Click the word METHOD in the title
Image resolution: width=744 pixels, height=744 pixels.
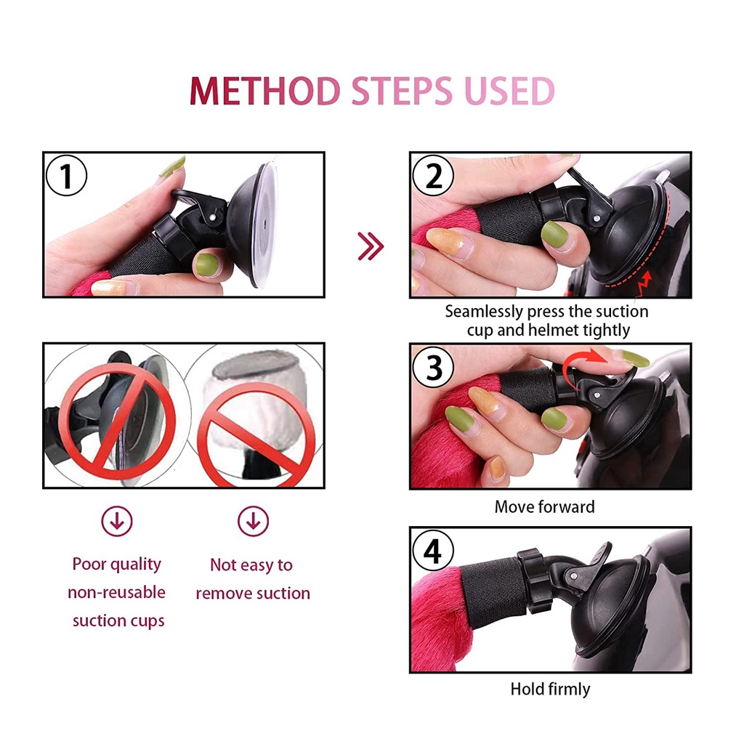point(264,91)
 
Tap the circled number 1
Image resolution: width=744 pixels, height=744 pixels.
point(66,176)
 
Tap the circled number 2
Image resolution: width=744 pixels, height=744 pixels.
point(433,176)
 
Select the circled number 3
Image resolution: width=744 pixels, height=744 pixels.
point(433,367)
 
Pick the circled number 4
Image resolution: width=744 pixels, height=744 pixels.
point(433,551)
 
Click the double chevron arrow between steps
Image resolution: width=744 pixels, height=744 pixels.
point(371,246)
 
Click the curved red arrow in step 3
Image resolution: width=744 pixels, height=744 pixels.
point(583,365)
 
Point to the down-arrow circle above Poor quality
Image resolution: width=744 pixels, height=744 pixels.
point(117,521)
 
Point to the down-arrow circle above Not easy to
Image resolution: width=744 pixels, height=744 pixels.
point(253,521)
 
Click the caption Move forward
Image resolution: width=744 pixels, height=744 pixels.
point(544,506)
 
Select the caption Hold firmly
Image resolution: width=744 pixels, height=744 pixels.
point(551,689)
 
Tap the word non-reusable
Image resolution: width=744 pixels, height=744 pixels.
point(117,592)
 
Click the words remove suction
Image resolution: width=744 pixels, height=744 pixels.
point(253,593)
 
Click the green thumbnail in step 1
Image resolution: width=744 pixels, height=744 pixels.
point(207,264)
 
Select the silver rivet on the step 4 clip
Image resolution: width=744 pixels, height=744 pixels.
point(574,576)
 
